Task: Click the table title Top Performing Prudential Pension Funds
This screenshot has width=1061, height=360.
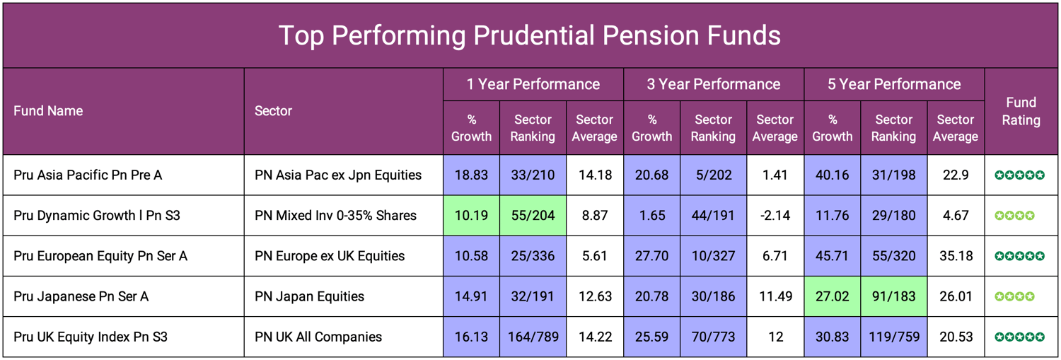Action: (530, 35)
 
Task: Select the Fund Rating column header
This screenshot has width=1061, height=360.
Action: (1021, 111)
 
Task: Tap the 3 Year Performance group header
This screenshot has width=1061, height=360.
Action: (713, 84)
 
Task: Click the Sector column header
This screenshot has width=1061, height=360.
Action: (273, 111)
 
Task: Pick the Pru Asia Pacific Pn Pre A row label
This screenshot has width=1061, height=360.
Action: (88, 175)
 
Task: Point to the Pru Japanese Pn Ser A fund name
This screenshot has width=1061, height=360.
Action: (81, 296)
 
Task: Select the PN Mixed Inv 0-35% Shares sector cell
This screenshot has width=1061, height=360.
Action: (335, 215)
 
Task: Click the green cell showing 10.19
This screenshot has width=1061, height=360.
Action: (471, 215)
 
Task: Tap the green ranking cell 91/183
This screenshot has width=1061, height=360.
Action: (893, 296)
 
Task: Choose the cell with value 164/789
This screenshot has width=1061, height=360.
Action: (533, 337)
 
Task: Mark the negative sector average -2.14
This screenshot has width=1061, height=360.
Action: (775, 215)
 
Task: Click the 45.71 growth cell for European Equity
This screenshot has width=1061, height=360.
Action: (833, 256)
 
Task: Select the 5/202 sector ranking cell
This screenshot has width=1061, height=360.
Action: (713, 175)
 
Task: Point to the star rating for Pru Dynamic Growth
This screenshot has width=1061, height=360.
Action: (1014, 215)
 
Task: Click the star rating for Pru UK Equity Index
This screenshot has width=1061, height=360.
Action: (1019, 337)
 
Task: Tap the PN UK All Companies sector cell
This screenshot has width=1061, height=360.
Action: (318, 337)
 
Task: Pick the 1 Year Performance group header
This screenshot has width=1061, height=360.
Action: (533, 84)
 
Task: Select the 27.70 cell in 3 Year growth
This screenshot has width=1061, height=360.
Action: (651, 256)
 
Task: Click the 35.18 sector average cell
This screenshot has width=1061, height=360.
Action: (955, 256)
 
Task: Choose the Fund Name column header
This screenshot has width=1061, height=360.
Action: (48, 111)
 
